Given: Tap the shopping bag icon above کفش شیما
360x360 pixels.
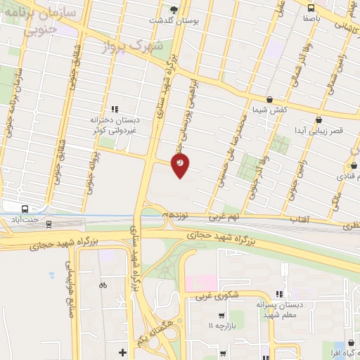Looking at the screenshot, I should pos(269,100).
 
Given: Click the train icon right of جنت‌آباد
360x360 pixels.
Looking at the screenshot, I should pos(49,224).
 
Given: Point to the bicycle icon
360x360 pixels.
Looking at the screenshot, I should pos(103,285).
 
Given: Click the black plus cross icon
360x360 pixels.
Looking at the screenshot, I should pos(122,351).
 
